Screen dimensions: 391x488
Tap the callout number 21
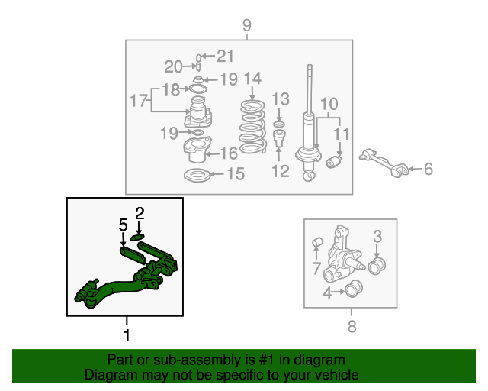224,55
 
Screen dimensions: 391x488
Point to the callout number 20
174,66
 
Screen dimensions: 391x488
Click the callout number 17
138,100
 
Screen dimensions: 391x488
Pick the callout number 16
229,153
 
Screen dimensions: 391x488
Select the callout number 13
281,99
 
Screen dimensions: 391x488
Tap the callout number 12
280,171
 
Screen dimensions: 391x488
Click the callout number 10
329,104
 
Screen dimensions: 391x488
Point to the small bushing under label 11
333,162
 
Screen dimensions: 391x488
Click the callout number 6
428,169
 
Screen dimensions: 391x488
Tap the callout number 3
377,237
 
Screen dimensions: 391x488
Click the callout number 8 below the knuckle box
351,328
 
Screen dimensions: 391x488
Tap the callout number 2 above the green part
140,212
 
